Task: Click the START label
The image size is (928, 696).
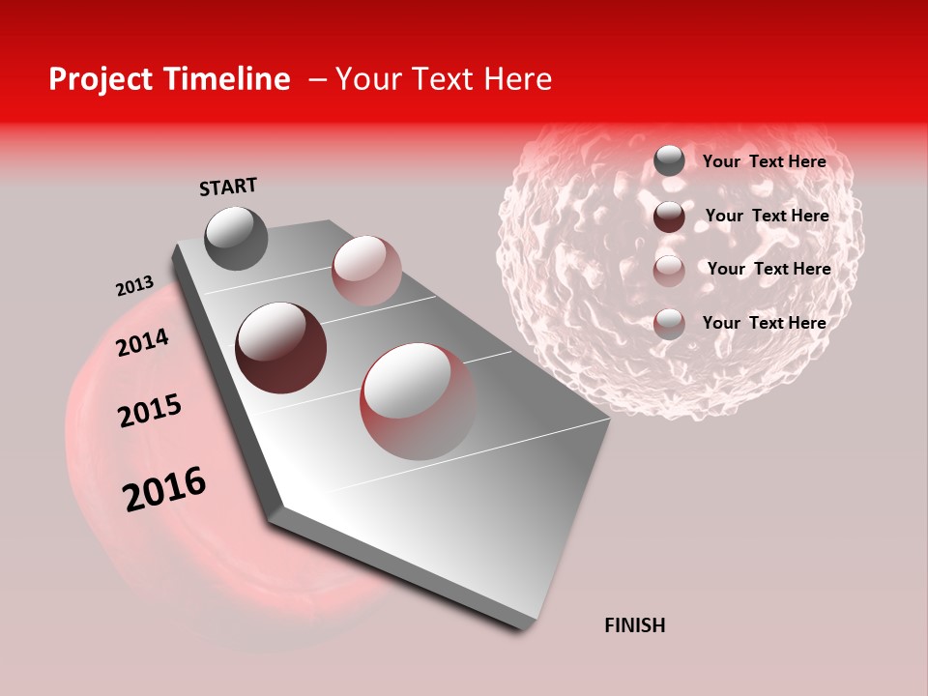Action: pos(228,187)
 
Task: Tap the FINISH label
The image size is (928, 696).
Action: pos(634,625)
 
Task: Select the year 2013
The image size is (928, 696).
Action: pos(134,286)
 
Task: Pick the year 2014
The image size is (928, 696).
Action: pos(142,343)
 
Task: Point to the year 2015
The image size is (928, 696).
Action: pos(150,411)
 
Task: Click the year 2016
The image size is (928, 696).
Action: pos(164,489)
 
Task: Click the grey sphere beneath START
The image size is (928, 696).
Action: pos(236,238)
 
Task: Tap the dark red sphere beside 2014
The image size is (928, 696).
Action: pos(280,348)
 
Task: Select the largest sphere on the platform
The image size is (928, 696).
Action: pos(418,401)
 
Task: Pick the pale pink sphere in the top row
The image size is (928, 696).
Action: pos(366,271)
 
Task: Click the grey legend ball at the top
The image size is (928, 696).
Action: pos(669,161)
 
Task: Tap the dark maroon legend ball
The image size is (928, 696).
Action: pos(669,217)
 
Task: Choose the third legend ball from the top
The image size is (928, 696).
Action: pos(669,270)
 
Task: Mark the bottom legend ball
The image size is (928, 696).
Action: pos(669,323)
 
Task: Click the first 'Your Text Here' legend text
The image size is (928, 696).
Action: pos(764,161)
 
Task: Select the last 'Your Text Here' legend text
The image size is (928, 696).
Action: pos(764,323)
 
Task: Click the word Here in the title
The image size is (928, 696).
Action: pos(517,79)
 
